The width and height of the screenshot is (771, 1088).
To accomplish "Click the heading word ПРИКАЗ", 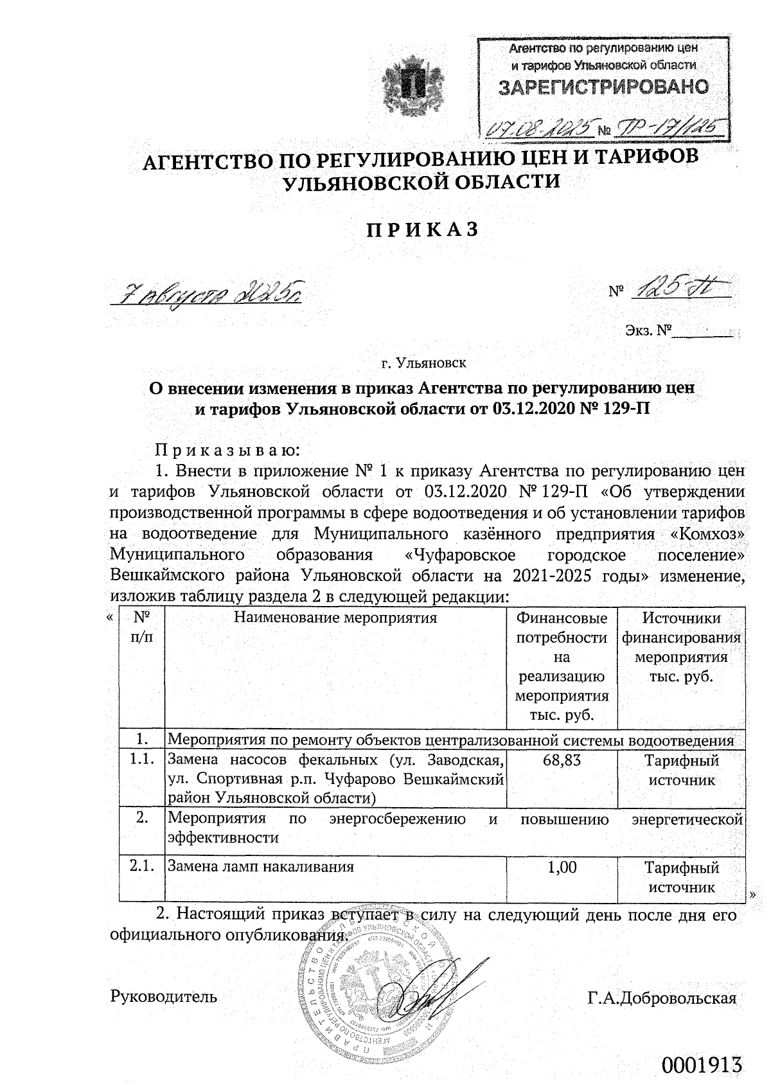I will coord(422,230).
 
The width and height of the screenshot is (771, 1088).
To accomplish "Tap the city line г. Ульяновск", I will coord(423,363).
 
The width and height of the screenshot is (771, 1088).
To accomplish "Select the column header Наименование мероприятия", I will coord(335,618).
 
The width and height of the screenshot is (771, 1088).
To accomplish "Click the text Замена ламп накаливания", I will coord(261,867).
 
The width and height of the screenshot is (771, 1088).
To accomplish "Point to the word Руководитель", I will coord(164,997).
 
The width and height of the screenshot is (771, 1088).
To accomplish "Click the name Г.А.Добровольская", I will coord(661,998).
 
